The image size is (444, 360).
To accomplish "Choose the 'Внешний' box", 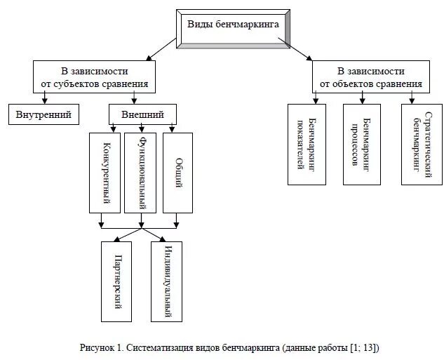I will coord(142,114).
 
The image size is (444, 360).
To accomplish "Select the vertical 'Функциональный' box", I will coord(142,172).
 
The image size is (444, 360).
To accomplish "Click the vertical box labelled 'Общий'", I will coord(178,172).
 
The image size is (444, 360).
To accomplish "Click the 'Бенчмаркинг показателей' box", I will coord(307,144).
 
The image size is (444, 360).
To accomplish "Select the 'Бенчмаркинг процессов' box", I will coord(362,144).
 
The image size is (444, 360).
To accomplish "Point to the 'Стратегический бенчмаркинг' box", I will coord(420,144).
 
